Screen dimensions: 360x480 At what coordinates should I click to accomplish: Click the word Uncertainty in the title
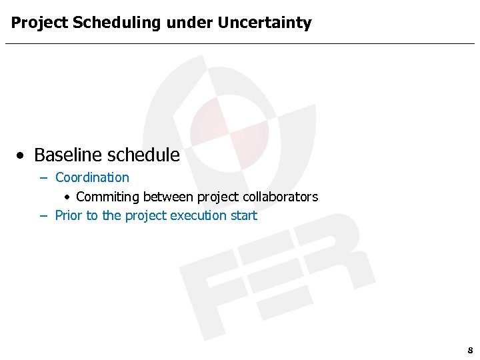pos(265,23)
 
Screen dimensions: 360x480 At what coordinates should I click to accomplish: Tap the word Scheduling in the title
pos(117,23)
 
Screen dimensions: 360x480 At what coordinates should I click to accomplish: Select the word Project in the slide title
pos(39,23)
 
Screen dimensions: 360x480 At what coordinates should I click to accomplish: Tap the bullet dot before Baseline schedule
pos(22,156)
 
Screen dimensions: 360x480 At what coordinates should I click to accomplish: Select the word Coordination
pos(92,177)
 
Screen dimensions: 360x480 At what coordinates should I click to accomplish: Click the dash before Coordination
pos(43,178)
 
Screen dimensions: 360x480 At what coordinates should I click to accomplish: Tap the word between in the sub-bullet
pos(169,197)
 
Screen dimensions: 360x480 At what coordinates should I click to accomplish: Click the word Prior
pos(68,215)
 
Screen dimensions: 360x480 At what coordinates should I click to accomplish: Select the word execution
pos(198,215)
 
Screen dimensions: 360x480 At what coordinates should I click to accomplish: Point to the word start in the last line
pos(243,215)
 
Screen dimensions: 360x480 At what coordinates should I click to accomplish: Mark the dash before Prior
pos(43,216)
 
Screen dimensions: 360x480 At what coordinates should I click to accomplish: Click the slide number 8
pos(470,350)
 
